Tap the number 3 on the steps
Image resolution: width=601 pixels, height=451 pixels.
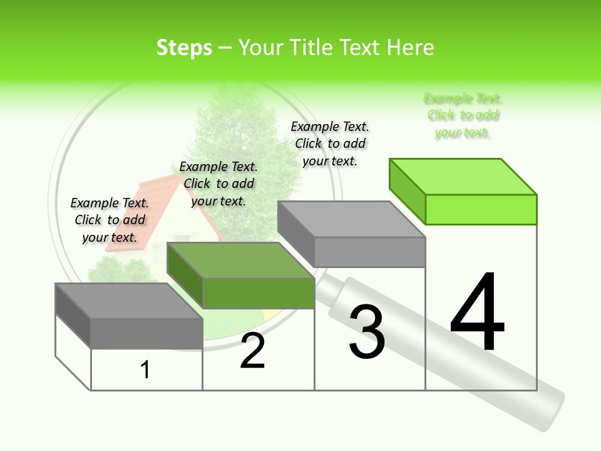click(x=367, y=332)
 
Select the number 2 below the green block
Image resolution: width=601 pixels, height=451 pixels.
click(x=252, y=351)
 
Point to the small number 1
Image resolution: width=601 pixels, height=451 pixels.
click(x=145, y=370)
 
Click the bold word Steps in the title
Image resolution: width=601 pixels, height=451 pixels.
click(x=184, y=48)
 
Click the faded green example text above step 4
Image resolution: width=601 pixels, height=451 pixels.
click(x=463, y=115)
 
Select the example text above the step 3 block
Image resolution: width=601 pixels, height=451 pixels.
click(x=330, y=143)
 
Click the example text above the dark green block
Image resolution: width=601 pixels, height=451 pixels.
click(x=218, y=184)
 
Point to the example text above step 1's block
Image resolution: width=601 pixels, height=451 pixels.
click(x=110, y=220)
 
